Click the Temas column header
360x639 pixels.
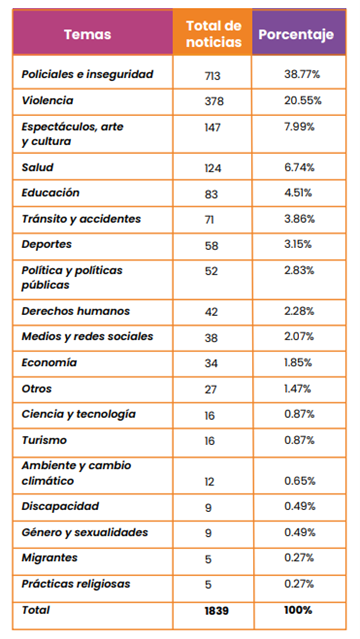(x=87, y=34)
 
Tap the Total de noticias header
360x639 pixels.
(x=214, y=33)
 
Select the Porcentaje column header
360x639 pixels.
(x=296, y=34)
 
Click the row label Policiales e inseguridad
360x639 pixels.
(x=87, y=74)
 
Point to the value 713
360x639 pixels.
(x=212, y=76)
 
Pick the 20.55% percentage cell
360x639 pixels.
(x=303, y=100)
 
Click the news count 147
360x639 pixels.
(x=212, y=128)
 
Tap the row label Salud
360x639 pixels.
(x=38, y=167)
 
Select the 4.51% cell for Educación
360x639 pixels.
(x=298, y=192)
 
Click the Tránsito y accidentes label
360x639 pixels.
(x=81, y=219)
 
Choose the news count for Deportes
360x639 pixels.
(x=212, y=246)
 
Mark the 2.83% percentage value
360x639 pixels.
(x=299, y=270)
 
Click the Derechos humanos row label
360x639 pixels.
(x=75, y=311)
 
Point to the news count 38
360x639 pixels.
(x=211, y=338)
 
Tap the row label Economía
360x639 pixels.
(x=49, y=362)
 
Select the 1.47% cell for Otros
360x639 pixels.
(x=298, y=389)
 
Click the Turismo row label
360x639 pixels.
(x=44, y=440)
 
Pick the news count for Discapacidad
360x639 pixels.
(x=208, y=508)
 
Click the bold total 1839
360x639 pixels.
(x=216, y=611)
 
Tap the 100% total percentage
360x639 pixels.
(x=298, y=610)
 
